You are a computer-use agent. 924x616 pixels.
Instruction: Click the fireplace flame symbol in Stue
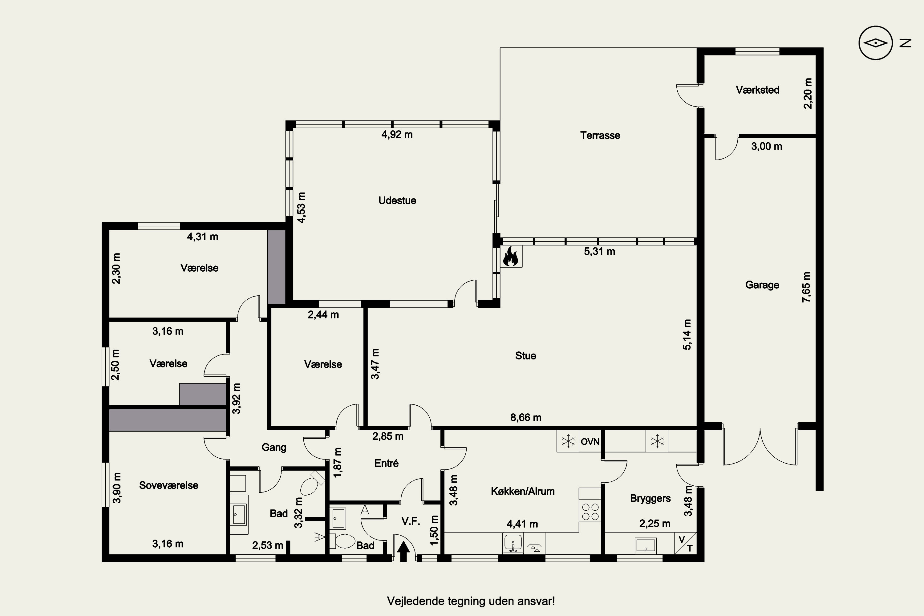point(512,256)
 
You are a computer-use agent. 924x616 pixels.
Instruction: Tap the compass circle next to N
point(876,43)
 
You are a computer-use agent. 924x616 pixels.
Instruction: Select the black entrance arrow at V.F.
point(403,552)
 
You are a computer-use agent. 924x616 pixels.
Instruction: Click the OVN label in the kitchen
point(590,442)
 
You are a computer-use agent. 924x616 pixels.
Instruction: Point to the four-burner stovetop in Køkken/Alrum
point(590,512)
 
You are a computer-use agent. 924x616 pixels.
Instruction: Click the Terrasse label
point(600,136)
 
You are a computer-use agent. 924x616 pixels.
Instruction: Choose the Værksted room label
point(757,90)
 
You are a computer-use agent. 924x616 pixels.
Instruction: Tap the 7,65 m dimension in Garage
point(806,287)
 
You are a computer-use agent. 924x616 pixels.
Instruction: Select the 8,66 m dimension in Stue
point(526,418)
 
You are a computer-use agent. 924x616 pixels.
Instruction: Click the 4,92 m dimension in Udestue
point(397,135)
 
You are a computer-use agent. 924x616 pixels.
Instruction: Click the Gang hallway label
point(274,448)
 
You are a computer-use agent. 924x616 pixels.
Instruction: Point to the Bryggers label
point(650,499)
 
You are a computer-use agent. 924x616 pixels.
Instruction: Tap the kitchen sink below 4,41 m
point(513,544)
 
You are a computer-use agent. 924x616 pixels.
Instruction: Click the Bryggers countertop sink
point(646,545)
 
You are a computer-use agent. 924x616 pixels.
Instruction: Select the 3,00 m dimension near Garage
point(767,147)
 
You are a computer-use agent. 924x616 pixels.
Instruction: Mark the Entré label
point(387,464)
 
